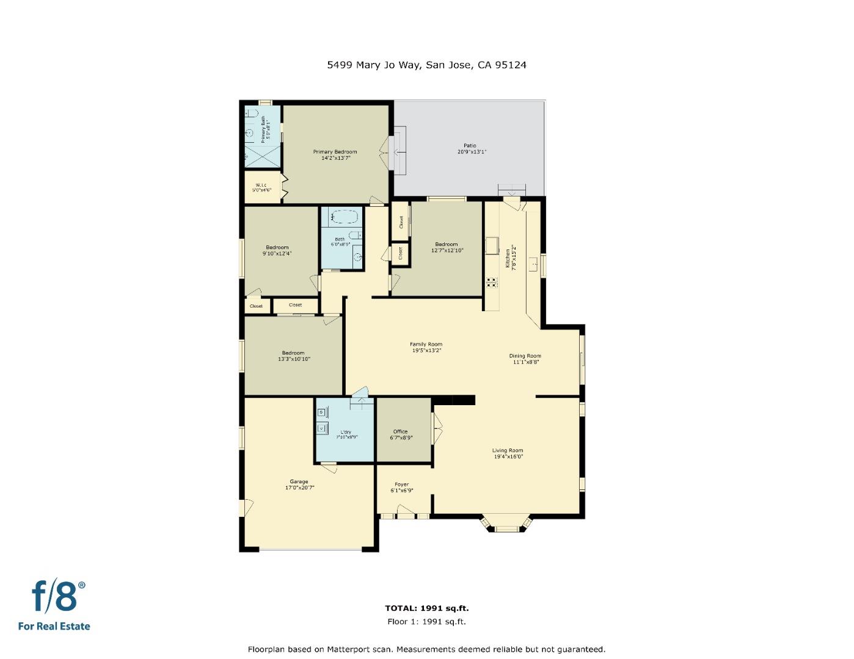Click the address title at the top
426,65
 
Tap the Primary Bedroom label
335,152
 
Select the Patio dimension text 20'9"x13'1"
472,152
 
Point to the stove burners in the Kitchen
492,282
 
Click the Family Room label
426,344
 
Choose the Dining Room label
525,356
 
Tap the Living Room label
508,451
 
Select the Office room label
400,431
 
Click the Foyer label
401,484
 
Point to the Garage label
299,481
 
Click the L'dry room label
346,432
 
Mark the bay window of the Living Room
506,524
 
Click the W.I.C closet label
261,185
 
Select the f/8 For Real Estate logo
55,605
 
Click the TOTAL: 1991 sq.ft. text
426,608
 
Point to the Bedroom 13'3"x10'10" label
293,353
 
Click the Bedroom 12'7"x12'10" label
446,244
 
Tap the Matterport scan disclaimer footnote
426,649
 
